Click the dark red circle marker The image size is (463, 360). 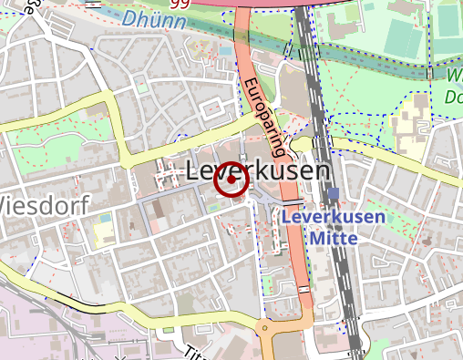coord(231,180)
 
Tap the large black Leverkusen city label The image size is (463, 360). coord(258,170)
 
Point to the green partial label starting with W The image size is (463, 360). coord(454,77)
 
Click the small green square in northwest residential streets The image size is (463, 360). coord(141,87)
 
